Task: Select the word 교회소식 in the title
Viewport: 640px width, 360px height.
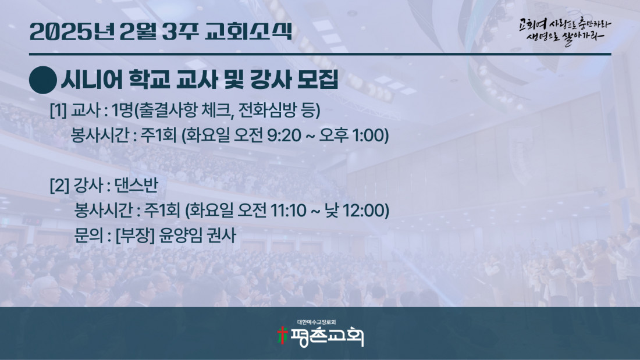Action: click(x=249, y=31)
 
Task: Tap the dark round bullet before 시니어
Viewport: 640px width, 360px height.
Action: click(x=43, y=80)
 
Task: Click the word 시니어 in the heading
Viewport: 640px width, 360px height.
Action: click(x=92, y=80)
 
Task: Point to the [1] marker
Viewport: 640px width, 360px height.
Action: click(x=58, y=110)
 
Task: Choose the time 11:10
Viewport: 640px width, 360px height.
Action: click(x=288, y=211)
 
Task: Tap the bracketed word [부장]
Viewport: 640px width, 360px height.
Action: click(x=135, y=236)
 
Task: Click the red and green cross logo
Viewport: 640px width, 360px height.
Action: click(x=282, y=336)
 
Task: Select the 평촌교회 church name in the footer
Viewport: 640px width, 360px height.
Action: click(x=326, y=336)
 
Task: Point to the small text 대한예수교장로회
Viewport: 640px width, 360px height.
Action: click(x=317, y=322)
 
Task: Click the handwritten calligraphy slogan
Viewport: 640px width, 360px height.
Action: click(x=564, y=31)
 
